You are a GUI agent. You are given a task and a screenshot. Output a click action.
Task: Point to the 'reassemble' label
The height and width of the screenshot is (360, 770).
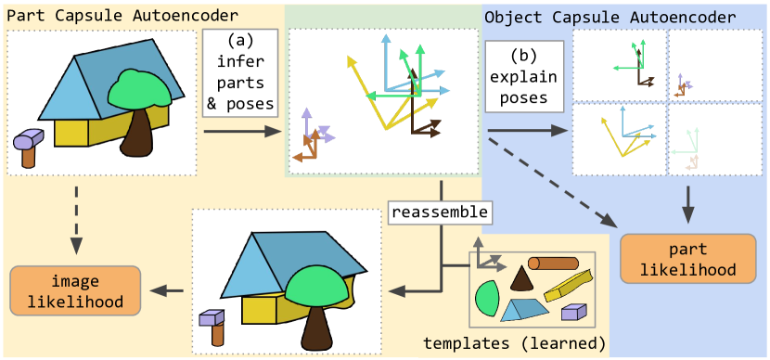coord(439,212)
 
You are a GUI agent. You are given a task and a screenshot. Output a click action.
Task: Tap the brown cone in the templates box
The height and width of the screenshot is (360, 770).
coord(522,279)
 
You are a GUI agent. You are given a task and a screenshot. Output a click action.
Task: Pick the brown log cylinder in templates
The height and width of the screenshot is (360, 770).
coord(554,264)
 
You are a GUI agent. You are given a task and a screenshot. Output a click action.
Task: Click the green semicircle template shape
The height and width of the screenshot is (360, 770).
coord(486,298)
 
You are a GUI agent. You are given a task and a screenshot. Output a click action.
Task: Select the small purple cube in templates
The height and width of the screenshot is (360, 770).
coord(573,313)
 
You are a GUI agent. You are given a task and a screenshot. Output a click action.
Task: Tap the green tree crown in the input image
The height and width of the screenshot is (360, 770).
coord(140,89)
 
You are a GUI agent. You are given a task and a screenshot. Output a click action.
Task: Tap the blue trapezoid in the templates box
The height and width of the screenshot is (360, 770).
coord(525,307)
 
